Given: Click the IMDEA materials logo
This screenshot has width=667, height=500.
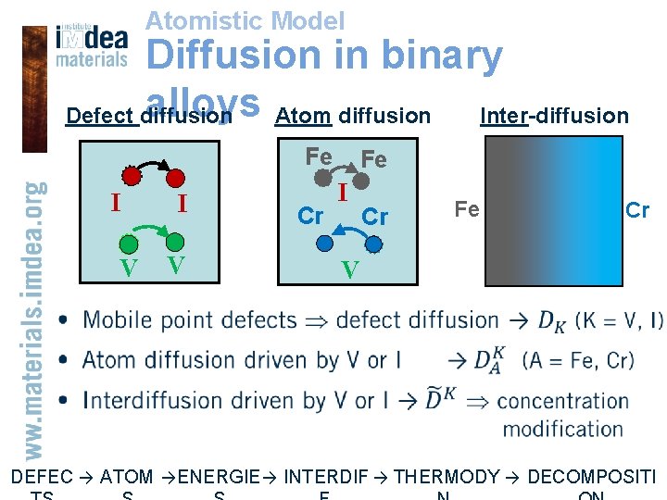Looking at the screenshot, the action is tap(91, 44).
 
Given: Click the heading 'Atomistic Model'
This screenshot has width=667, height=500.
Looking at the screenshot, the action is tap(245, 20).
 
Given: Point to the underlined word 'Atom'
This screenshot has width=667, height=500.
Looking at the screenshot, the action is tap(304, 116).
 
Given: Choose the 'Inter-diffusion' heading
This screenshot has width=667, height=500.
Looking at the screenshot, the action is tap(554, 116).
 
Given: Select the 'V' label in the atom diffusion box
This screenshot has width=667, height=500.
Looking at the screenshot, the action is tap(349, 270).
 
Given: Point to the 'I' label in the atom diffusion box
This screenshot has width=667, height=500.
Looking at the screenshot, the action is tap(342, 194).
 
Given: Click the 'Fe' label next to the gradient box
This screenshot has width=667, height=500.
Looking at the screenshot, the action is tap(467, 209).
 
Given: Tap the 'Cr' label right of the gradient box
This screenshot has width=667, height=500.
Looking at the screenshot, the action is tap(637, 211).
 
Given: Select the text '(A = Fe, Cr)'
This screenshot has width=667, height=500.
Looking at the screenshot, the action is tap(578, 360).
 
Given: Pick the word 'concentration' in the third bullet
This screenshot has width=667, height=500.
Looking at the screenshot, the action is tap(563, 401).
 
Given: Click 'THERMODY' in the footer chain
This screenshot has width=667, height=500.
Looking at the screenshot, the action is tap(447, 478).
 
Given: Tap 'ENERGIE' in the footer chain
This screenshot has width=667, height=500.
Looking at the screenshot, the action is tap(219, 478).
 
